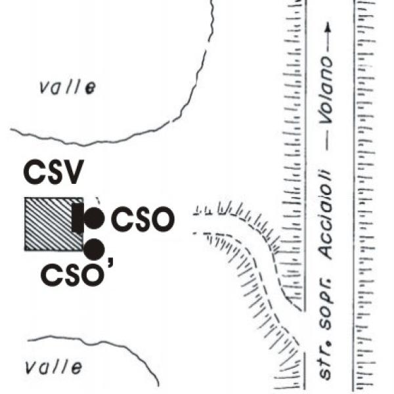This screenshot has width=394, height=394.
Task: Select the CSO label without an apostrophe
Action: coord(142,219)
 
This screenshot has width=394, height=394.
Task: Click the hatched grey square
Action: coord(51,223)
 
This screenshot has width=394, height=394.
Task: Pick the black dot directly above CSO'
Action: coord(95,248)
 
